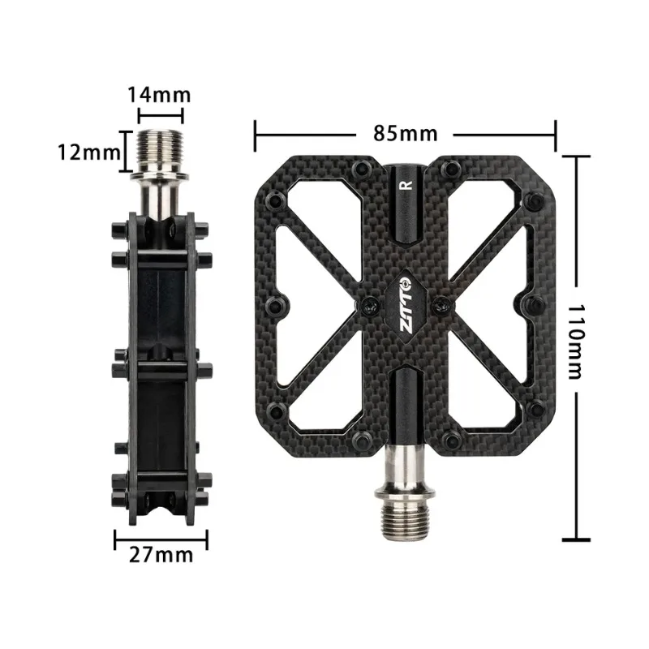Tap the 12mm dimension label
(89, 151)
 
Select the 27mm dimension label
(161, 555)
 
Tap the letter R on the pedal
(406, 184)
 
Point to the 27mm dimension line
(161, 535)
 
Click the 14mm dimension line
(161, 116)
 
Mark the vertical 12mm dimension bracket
(125, 152)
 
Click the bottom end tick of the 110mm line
(577, 539)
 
